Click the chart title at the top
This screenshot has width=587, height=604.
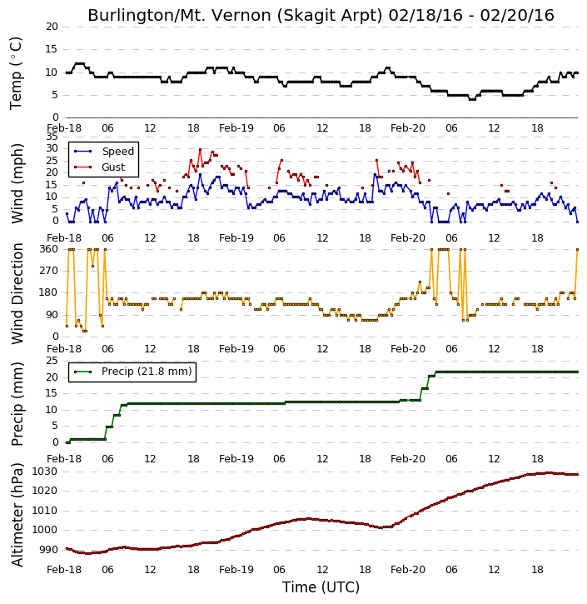click(321, 15)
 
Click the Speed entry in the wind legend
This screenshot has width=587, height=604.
click(117, 152)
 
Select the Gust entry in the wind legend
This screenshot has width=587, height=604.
click(112, 167)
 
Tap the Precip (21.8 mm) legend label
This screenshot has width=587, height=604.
click(147, 372)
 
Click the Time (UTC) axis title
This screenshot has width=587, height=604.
click(321, 587)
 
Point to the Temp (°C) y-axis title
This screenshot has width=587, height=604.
click(16, 73)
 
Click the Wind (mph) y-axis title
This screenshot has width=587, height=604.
click(17, 183)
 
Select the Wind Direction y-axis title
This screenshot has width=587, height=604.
click(17, 293)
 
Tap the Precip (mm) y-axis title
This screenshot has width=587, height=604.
click(17, 404)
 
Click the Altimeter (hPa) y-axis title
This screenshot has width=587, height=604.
click(17, 515)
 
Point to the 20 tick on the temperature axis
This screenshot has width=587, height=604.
click(52, 27)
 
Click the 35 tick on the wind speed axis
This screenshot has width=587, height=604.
click(52, 137)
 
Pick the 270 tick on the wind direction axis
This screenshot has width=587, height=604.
click(49, 271)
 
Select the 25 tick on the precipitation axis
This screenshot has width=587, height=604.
click(52, 361)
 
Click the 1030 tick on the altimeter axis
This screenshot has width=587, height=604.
click(44, 472)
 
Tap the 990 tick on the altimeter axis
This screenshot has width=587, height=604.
click(49, 550)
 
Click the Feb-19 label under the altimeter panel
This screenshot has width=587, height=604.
click(236, 569)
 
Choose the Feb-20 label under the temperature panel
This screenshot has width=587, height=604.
click(408, 128)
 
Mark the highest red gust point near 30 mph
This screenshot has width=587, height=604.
click(200, 149)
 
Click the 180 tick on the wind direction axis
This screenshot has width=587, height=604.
click(49, 292)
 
